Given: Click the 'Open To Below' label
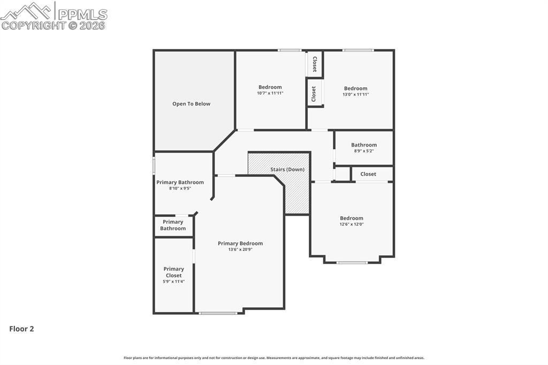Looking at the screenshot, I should click(x=191, y=104).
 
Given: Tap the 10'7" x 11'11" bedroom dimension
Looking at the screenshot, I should click(x=270, y=93).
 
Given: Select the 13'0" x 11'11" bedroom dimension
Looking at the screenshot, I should click(x=355, y=94).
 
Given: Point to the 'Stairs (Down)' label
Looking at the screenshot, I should click(x=287, y=170).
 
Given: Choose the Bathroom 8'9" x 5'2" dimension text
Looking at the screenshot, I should click(x=364, y=151).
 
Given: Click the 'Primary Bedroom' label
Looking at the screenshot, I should click(x=240, y=244).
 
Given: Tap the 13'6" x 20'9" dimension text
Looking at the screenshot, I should click(x=240, y=249).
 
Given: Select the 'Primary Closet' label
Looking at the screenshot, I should click(x=173, y=272).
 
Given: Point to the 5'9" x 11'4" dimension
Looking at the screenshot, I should click(x=173, y=282).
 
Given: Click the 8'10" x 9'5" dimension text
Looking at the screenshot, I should click(x=180, y=188).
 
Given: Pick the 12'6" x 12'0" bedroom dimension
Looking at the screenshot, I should click(x=352, y=224).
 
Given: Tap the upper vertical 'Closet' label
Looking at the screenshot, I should click(x=315, y=64).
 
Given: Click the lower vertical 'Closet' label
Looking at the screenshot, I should click(x=314, y=94).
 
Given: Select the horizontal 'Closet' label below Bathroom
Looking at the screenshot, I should click(x=368, y=174).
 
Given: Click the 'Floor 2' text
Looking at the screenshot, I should click(x=21, y=329).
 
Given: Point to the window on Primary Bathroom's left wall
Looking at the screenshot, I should click(x=154, y=165).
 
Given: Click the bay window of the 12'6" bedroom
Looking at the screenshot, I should click(x=352, y=262).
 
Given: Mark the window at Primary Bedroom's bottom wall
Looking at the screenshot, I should click(x=218, y=313).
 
